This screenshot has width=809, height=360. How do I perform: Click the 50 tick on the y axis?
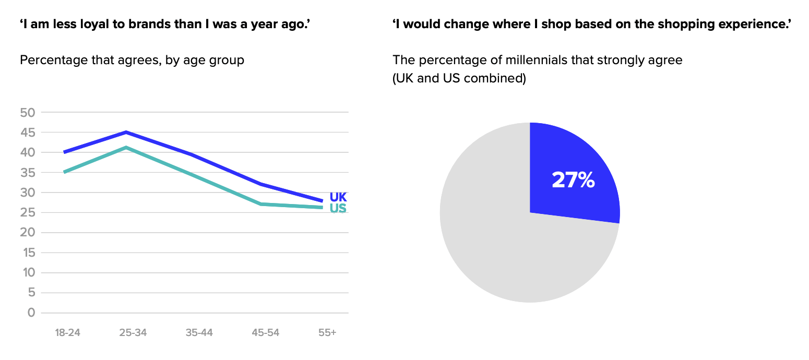coord(27,112)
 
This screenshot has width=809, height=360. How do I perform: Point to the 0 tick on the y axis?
coord(31,313)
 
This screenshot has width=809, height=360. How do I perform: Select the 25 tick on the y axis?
coord(27,212)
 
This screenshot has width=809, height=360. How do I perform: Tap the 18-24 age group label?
coord(67,333)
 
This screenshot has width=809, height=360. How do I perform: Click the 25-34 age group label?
coord(133,333)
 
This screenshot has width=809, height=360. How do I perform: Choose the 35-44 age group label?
coord(199,333)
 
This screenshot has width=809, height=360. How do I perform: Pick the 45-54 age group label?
coord(265,333)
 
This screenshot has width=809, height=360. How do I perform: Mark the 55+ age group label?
coord(327,333)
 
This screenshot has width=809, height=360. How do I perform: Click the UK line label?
coord(338,197)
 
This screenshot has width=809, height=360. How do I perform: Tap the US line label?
coord(338,209)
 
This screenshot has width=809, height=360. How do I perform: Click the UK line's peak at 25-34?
coord(126,132)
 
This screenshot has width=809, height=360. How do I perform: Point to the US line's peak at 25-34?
coord(126,148)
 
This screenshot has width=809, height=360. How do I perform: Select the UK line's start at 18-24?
coord(64,152)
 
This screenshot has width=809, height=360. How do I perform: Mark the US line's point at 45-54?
coord(261,204)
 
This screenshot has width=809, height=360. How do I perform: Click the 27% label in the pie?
coord(573,180)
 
